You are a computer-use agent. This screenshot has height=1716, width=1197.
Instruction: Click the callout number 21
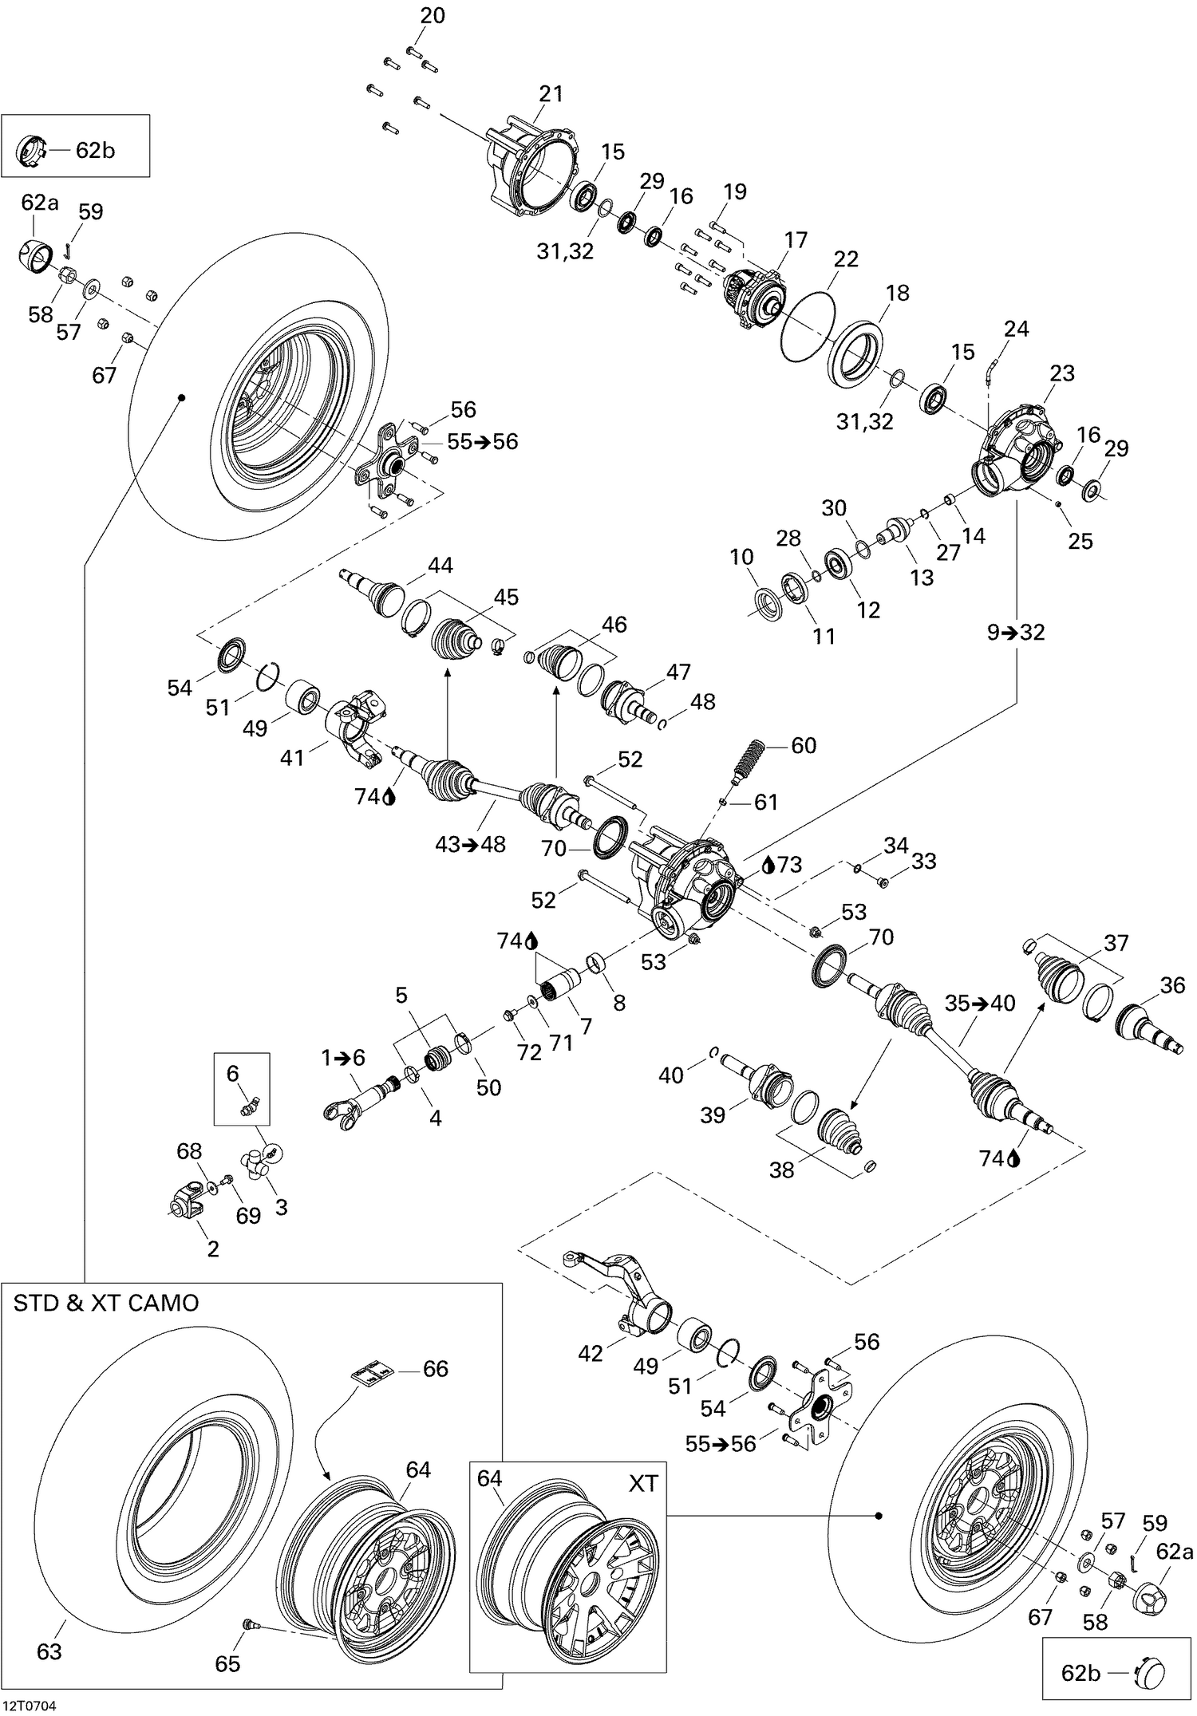551,93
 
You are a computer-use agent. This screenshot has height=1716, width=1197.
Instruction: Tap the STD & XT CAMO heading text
106,1304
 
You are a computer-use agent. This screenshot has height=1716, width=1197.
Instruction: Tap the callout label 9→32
1016,633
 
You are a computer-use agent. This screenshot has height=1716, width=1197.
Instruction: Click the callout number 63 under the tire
49,1651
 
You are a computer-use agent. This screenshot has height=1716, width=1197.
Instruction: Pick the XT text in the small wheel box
643,1483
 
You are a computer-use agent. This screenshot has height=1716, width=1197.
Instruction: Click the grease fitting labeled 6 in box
251,1107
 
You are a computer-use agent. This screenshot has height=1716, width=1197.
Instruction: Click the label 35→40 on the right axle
980,1004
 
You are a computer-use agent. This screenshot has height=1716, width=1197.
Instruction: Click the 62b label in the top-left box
95,150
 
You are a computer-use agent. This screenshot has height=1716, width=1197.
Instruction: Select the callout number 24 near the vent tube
1016,329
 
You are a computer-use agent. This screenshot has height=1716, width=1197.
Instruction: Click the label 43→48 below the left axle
470,844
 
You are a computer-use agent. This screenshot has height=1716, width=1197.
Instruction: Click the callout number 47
678,672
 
